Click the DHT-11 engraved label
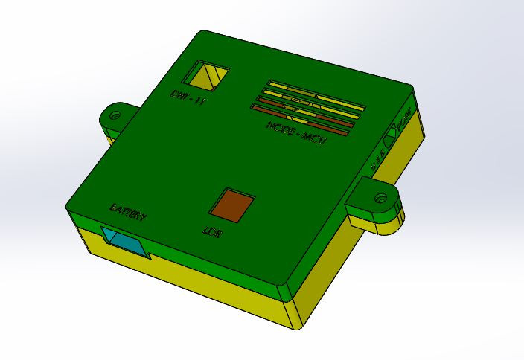point(188,97)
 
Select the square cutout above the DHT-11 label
point(206,75)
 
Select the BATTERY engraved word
point(128,213)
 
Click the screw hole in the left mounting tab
point(115,115)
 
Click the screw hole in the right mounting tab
point(381,198)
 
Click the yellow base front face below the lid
point(186,283)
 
